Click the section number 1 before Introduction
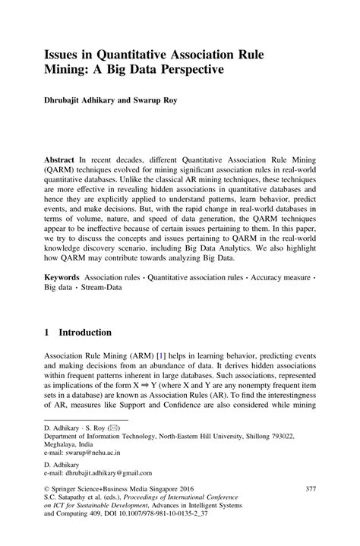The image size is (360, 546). coord(47,333)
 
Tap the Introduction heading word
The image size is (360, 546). coord(86,333)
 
